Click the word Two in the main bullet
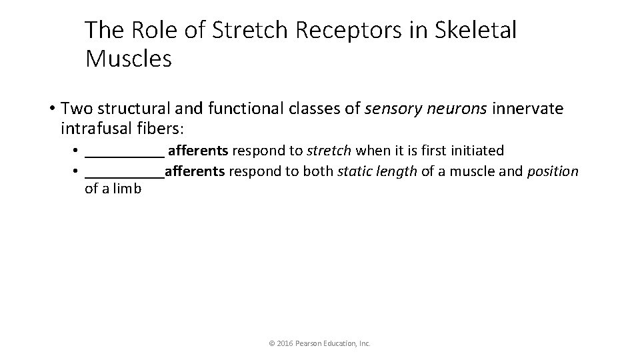click(76, 108)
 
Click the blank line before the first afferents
click(125, 152)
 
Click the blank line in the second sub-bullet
click(125, 173)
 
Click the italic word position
click(553, 171)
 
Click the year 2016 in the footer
click(283, 343)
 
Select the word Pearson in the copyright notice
click(307, 343)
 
